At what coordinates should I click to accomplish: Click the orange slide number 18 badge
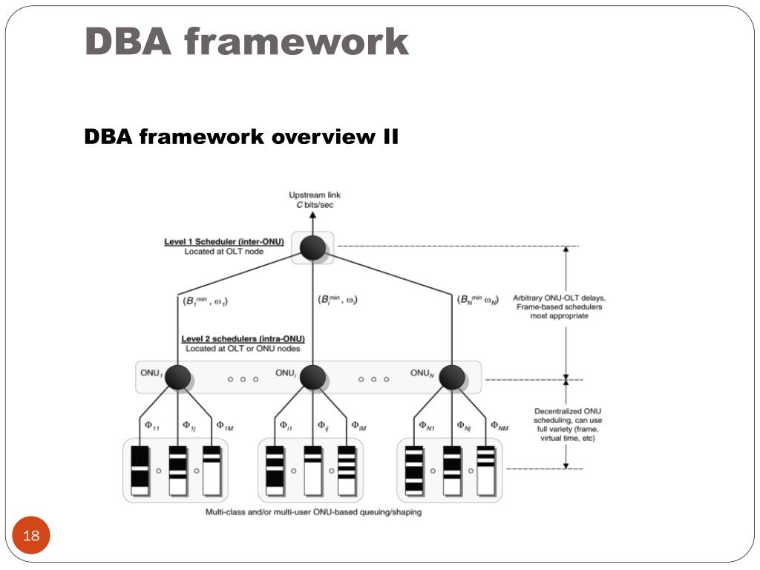(x=31, y=537)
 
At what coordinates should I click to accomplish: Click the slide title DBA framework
(x=246, y=42)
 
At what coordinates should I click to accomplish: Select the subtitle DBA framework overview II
(x=241, y=137)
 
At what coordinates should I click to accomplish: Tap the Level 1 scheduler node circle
(x=312, y=247)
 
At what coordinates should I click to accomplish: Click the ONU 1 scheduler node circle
(x=177, y=378)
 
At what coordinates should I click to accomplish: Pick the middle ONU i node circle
(x=312, y=378)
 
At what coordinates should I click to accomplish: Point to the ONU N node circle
(x=451, y=378)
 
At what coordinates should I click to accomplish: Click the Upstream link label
(x=315, y=195)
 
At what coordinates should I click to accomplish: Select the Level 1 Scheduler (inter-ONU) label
(x=224, y=242)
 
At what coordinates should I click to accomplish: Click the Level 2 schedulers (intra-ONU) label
(x=243, y=339)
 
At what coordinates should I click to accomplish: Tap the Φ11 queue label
(x=151, y=426)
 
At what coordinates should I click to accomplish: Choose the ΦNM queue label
(x=499, y=426)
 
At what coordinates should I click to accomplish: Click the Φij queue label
(x=323, y=426)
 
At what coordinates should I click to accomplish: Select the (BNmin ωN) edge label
(x=478, y=301)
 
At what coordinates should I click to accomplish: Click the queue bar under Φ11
(x=140, y=471)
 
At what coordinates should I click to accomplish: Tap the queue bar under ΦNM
(x=486, y=471)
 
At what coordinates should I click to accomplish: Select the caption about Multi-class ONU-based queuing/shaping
(x=313, y=512)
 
